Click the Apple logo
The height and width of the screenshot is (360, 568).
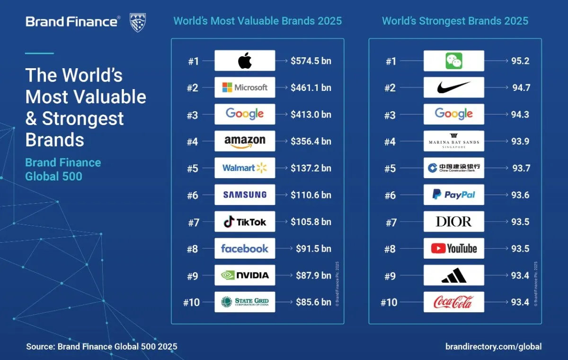[245, 61]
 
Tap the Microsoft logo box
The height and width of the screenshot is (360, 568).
[245, 88]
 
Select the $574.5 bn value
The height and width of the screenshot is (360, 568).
[311, 61]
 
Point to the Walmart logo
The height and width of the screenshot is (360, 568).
[245, 168]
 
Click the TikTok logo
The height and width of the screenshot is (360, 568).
[245, 222]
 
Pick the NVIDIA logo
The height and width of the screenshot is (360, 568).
[245, 275]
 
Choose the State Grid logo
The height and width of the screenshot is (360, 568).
[245, 302]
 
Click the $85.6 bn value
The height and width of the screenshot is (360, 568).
[313, 302]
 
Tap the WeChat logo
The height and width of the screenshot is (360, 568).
[453, 61]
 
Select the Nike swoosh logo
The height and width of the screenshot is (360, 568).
[453, 88]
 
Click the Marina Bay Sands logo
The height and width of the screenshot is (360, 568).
[453, 141]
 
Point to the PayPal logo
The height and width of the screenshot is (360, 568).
[453, 195]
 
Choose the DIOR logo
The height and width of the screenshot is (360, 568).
[453, 222]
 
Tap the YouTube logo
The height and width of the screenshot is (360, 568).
[453, 248]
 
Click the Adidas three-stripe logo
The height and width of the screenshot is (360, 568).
[453, 275]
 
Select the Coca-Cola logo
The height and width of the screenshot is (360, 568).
[453, 302]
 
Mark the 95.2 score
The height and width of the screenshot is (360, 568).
[520, 61]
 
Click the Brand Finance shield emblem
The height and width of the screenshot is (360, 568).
[138, 22]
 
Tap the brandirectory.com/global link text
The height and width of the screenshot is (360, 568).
[494, 347]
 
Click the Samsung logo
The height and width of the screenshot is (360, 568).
[245, 195]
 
